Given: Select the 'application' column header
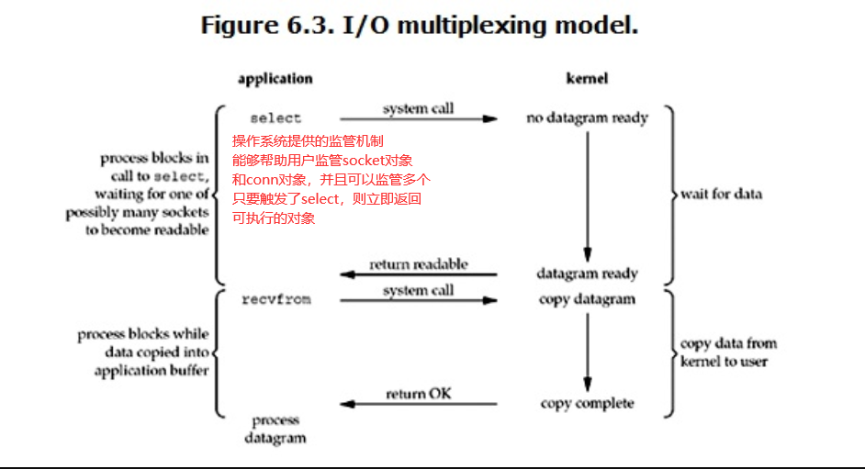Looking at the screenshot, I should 275,79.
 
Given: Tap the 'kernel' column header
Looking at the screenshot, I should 588,79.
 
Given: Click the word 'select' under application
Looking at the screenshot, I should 275,118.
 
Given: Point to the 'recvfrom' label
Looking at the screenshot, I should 275,299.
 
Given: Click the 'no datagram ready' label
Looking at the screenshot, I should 587,118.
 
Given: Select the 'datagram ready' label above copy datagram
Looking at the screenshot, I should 587,274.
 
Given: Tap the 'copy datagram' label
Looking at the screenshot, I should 587,299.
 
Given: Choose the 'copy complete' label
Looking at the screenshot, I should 587,403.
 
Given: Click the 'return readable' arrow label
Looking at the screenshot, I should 418,264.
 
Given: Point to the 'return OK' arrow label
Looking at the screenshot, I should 418,395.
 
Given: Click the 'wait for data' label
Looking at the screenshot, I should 721,195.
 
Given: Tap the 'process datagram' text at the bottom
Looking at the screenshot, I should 275,430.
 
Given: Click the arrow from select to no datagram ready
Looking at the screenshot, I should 418,118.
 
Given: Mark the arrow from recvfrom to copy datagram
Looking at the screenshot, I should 418,299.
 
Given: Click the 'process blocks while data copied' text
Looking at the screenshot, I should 143,352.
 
